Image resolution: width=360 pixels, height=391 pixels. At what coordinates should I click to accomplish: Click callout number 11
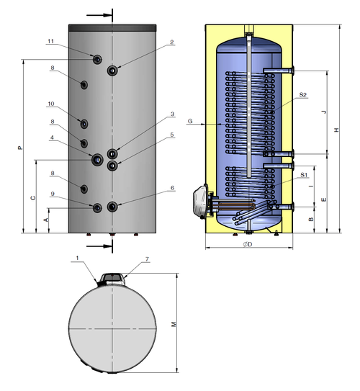pos(51,41)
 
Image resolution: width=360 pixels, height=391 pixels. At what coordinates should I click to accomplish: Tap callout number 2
pos(172,42)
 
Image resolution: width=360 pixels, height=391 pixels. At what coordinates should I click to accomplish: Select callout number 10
pos(51,104)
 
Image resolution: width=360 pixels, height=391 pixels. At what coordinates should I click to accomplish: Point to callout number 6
pos(172,188)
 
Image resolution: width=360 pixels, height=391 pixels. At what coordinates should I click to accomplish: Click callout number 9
pos(53,194)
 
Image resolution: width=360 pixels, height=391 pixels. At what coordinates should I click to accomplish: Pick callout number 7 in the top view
pos(147,259)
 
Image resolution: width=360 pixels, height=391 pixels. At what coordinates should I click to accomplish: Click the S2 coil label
pos(303,95)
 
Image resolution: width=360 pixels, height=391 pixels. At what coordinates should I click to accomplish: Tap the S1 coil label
pos(304,175)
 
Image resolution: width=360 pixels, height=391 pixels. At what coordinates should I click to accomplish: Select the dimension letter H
pos(337,130)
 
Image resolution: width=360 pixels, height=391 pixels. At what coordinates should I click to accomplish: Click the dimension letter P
pos(20,148)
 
